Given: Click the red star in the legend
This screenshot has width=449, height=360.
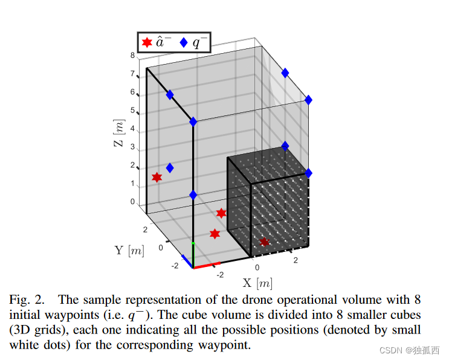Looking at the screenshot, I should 147,43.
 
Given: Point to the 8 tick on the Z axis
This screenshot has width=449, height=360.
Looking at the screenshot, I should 132,55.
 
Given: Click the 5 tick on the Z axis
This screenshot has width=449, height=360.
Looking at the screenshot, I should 132,111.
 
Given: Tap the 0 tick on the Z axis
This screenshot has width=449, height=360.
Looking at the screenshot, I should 133,202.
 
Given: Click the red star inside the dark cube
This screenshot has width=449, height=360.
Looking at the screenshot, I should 263,242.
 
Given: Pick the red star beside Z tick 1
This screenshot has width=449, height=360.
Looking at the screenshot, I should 157,177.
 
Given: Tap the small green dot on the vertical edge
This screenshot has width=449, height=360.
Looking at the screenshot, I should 193,243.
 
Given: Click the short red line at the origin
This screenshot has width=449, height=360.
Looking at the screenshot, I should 204,265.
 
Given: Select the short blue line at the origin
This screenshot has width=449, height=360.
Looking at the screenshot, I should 187,261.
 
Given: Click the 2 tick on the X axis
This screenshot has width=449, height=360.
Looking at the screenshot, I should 296,259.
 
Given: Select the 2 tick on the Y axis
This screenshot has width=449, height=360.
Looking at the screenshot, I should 145,229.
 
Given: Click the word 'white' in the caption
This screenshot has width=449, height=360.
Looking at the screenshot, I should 408,330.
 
